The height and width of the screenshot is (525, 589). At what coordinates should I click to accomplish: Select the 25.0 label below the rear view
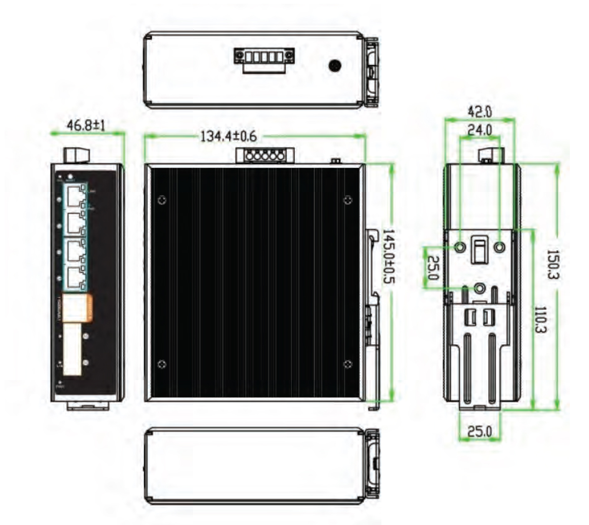click(479, 431)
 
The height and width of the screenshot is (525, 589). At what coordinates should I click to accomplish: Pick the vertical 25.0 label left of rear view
click(432, 268)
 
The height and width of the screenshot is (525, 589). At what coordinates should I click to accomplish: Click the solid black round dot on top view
click(335, 65)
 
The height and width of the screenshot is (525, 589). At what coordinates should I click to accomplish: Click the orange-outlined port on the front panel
click(77, 309)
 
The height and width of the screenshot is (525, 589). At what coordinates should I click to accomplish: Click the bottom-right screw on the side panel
click(347, 364)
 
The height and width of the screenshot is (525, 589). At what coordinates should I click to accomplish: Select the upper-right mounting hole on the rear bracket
click(499, 247)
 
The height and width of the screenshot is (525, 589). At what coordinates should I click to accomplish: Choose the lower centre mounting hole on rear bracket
click(480, 288)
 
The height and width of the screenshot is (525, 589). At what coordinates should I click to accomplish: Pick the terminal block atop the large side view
click(265, 155)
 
